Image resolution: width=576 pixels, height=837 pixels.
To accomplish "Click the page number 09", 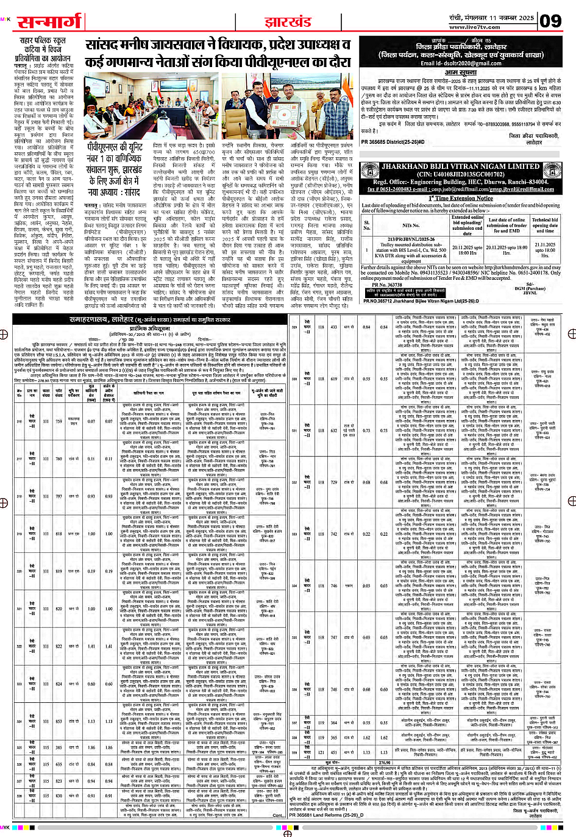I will [x=550, y=21].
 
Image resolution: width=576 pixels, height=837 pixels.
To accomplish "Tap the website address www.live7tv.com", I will [x=474, y=27].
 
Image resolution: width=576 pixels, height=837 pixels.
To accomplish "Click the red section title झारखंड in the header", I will [x=288, y=23].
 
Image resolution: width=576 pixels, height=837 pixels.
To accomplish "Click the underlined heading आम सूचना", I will [x=460, y=73].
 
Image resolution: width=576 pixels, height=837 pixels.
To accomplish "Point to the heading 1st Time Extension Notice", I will [x=460, y=198].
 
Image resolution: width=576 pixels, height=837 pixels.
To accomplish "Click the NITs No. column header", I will [x=411, y=225].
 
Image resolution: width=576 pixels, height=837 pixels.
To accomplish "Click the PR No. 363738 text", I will [x=387, y=285].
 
